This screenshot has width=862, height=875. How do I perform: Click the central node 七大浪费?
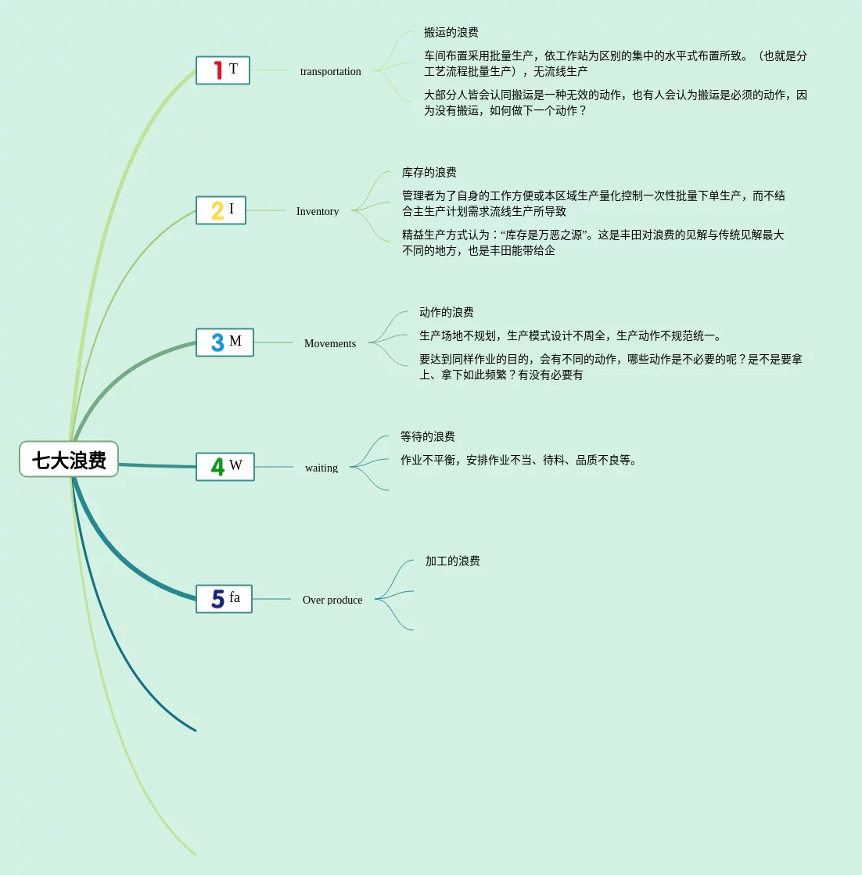click(x=69, y=460)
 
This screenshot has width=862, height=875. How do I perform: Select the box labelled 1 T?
click(x=223, y=70)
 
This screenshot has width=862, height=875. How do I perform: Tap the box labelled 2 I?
click(x=221, y=210)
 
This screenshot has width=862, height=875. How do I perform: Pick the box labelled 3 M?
click(x=224, y=342)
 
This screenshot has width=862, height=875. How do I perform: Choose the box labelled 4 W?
click(x=225, y=467)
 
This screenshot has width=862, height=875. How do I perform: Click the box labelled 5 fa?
click(x=224, y=599)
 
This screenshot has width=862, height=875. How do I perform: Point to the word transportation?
click(x=330, y=71)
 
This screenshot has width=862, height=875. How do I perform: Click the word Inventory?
click(x=318, y=211)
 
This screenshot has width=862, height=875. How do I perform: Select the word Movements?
click(x=329, y=343)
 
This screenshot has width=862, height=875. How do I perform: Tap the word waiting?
click(x=321, y=468)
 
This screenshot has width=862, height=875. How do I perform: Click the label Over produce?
click(x=332, y=600)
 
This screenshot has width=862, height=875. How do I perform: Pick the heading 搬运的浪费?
click(x=451, y=32)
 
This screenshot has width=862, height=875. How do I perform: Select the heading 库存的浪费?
click(x=429, y=172)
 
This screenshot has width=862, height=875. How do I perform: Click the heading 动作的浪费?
click(x=446, y=312)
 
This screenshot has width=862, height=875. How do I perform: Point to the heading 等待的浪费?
click(x=427, y=436)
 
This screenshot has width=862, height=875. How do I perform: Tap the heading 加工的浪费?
click(x=452, y=561)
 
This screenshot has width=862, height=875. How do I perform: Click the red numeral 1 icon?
click(x=218, y=70)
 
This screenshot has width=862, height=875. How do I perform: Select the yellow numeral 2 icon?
click(x=217, y=210)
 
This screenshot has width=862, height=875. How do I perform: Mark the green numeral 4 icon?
click(x=217, y=467)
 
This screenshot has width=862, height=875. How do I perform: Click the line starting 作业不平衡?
click(x=520, y=460)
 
